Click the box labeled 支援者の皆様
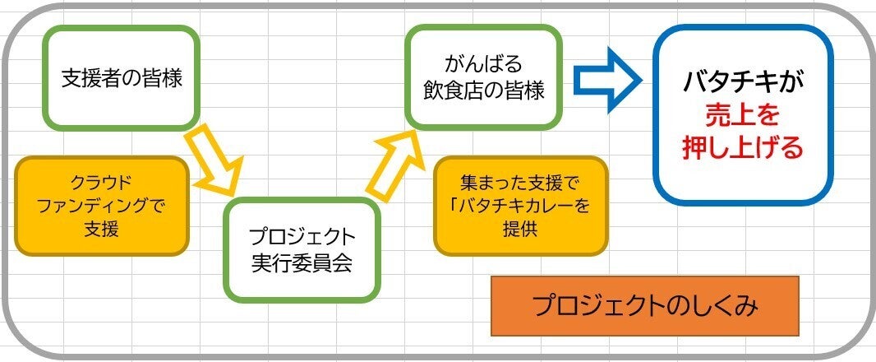pyautogui.click(x=122, y=78)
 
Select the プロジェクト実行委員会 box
pyautogui.click(x=302, y=250)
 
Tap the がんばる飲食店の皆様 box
pyautogui.click(x=484, y=78)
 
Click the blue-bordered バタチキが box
pyautogui.click(x=743, y=115)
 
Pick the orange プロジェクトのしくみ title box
pyautogui.click(x=645, y=306)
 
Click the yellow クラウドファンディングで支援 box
pyautogui.click(x=102, y=206)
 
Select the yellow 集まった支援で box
pyautogui.click(x=520, y=206)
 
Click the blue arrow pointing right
pyautogui.click(x=608, y=80)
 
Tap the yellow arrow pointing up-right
pyautogui.click(x=393, y=165)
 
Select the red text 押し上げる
pyautogui.click(x=743, y=148)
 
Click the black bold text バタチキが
pyautogui.click(x=743, y=83)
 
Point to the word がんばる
pyautogui.click(x=484, y=64)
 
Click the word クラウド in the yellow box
pyautogui.click(x=102, y=182)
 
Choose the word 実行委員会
pyautogui.click(x=302, y=263)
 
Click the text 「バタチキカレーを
pyautogui.click(x=519, y=206)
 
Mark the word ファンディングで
pyautogui.click(x=102, y=206)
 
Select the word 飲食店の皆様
pyautogui.click(x=484, y=90)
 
